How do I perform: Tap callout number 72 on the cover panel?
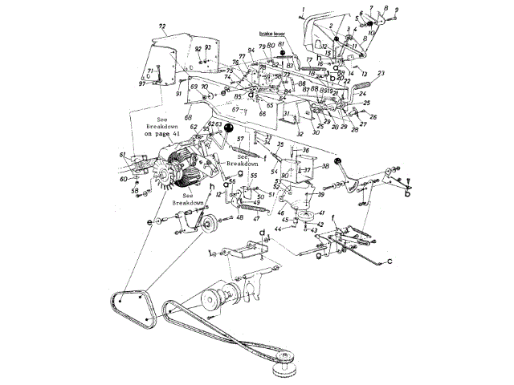162,26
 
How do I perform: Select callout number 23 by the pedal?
381,73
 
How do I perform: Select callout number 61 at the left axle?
122,154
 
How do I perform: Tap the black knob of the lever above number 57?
229,128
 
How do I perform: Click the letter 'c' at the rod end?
390,261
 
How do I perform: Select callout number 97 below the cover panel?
142,83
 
